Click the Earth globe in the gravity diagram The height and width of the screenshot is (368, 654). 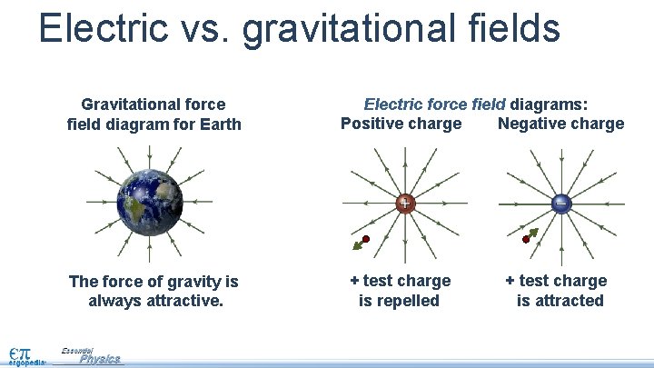coord(150,202)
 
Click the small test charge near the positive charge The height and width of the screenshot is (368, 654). coord(365,239)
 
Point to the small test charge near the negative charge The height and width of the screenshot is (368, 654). coord(526,240)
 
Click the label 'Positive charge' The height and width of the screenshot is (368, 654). coord(401,124)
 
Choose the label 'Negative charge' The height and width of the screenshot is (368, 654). coord(560,124)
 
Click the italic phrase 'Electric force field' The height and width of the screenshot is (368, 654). coord(436,105)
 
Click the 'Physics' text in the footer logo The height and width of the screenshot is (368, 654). coord(99,359)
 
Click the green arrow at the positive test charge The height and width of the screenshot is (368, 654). coord(356,245)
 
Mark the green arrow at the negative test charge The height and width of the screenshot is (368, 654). coord(533,234)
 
